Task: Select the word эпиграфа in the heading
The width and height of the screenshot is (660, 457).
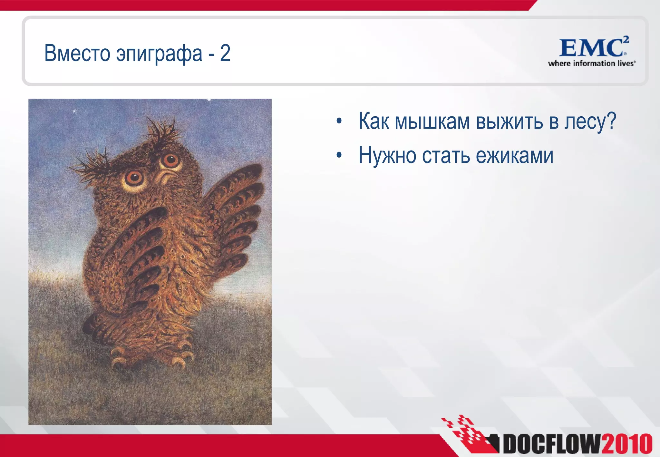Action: (159, 54)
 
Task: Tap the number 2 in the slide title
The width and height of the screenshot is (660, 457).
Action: (225, 53)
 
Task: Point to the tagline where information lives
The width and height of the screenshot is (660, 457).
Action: (591, 63)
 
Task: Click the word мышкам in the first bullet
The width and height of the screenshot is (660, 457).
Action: (432, 122)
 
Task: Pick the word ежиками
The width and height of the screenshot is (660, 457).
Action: (515, 156)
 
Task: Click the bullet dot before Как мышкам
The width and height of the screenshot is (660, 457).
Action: (339, 122)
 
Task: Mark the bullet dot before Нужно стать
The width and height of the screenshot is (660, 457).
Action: (339, 156)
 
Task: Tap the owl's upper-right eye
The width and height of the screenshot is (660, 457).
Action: (170, 159)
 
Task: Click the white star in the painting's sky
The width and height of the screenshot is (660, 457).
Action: (74, 112)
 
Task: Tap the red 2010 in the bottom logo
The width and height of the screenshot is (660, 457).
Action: (626, 444)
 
